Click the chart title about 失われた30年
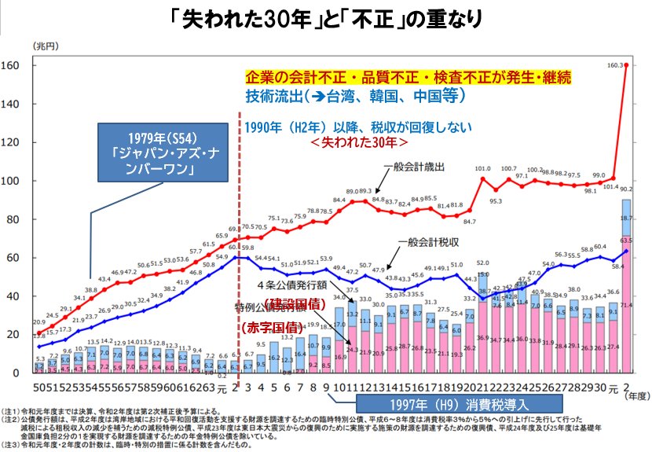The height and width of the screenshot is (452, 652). click(x=327, y=17)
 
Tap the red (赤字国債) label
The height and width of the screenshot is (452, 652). click(x=268, y=325)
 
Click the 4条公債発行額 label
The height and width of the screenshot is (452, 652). click(x=290, y=286)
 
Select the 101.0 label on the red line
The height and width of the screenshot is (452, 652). click(x=482, y=168)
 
